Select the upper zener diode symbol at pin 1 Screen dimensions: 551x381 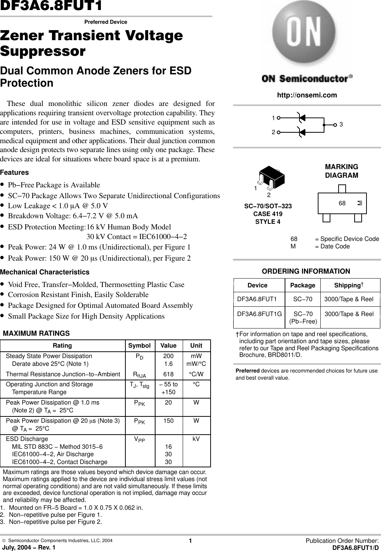pos(301,117)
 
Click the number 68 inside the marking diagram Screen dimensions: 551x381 pos(342,203)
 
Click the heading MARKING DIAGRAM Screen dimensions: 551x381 pos(342,171)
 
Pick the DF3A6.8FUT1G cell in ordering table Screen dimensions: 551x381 pos(259,314)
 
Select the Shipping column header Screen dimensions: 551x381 pos(348,285)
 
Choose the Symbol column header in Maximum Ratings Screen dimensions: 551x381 pos(139,346)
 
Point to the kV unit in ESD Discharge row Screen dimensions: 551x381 pos(196,439)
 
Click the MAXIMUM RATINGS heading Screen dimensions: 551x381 pos(36,333)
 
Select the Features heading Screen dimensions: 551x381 pos(15,173)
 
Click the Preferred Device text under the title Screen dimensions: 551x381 pos(106,22)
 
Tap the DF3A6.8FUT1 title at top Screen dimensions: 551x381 pos(51,6)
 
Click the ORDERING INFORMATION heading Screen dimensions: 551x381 pos(306,271)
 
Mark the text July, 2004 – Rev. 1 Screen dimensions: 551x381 pos(28,547)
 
